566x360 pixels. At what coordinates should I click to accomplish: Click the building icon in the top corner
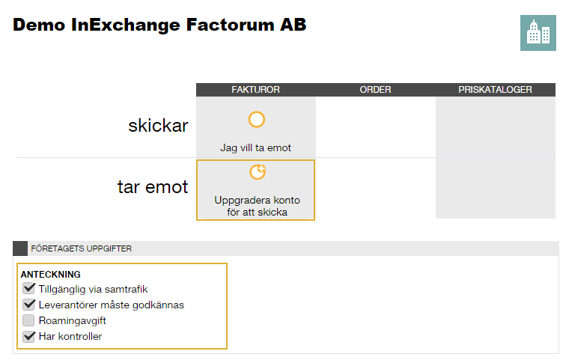pyautogui.click(x=538, y=33)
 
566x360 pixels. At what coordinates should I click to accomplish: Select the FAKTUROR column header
pyautogui.click(x=255, y=90)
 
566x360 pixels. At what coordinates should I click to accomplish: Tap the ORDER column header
pyautogui.click(x=375, y=90)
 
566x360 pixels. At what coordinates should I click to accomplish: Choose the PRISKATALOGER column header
pyautogui.click(x=496, y=90)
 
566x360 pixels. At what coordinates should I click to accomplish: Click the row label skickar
pyautogui.click(x=158, y=126)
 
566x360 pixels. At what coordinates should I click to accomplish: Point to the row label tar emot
pyautogui.click(x=153, y=187)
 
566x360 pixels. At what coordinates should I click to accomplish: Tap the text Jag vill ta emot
pyautogui.click(x=255, y=148)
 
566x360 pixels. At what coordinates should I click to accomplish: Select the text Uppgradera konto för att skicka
pyautogui.click(x=257, y=206)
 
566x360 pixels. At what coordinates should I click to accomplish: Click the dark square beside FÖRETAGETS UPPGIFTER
pyautogui.click(x=20, y=248)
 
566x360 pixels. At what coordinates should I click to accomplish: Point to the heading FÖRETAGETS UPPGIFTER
pyautogui.click(x=81, y=248)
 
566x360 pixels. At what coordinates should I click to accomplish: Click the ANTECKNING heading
pyautogui.click(x=51, y=275)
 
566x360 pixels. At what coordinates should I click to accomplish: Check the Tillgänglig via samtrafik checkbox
pyautogui.click(x=28, y=289)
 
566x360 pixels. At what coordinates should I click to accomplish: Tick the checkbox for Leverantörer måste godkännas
pyautogui.click(x=28, y=305)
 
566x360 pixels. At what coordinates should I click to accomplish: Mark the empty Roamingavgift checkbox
pyautogui.click(x=28, y=320)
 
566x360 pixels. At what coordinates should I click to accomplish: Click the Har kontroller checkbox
pyautogui.click(x=28, y=336)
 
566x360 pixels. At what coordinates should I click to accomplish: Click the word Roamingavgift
pyautogui.click(x=72, y=320)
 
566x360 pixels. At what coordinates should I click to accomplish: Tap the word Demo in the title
pyautogui.click(x=39, y=25)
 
